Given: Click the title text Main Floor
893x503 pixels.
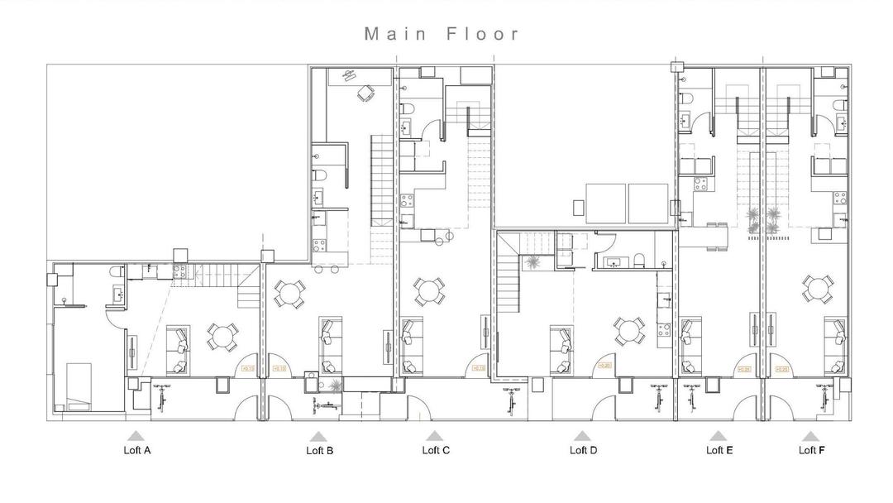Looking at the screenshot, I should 443,34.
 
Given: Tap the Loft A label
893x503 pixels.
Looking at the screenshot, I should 136,451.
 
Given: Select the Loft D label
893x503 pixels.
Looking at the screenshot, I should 583,451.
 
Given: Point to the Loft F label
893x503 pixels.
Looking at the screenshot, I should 811,451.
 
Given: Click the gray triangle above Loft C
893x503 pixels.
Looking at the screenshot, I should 434,435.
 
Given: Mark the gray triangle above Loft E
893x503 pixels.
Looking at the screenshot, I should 718,435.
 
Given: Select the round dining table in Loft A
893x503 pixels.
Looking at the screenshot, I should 222,336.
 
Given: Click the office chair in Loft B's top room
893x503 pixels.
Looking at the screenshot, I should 364,93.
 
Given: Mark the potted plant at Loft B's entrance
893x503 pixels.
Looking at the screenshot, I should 335,386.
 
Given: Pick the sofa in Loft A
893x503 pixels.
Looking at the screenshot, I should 178,350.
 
